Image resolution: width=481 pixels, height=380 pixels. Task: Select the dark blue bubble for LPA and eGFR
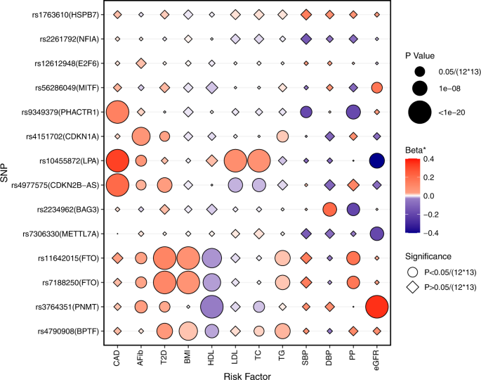378,160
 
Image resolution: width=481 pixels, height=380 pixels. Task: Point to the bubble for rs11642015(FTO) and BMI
187,258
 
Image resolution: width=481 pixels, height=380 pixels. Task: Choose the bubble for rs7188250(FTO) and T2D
164,282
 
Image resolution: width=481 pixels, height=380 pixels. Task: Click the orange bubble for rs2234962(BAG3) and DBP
330,209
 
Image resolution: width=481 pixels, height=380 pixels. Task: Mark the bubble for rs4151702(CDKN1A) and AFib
140,136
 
